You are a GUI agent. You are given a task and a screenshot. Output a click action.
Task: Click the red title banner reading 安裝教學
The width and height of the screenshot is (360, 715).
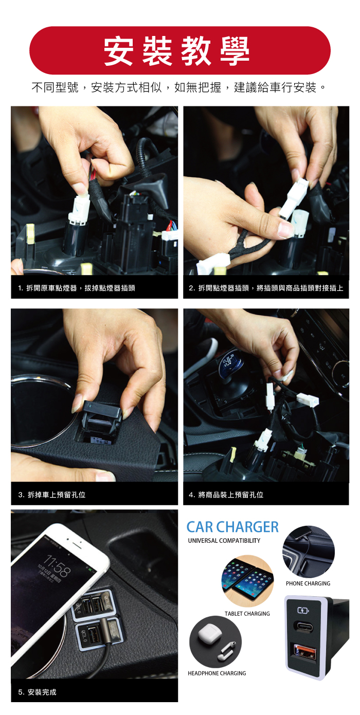click(x=180, y=50)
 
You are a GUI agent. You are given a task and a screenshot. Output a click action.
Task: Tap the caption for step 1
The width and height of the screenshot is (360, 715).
click(x=77, y=288)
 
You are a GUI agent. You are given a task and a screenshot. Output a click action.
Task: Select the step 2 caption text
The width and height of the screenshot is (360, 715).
click(x=266, y=288)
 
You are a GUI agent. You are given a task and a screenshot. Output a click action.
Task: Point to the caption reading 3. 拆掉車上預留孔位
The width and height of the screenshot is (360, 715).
click(x=52, y=494)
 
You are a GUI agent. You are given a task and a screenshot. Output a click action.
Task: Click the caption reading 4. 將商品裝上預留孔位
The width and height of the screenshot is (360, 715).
click(x=226, y=494)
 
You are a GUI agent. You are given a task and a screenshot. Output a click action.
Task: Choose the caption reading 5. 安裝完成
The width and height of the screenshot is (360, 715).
click(x=38, y=692)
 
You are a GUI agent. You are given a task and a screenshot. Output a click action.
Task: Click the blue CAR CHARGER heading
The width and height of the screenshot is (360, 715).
click(x=232, y=527)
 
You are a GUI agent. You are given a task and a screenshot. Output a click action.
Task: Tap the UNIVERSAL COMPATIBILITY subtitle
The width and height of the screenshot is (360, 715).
click(x=224, y=540)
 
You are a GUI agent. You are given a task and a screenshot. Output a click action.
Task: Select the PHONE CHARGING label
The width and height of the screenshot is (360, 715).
click(x=308, y=583)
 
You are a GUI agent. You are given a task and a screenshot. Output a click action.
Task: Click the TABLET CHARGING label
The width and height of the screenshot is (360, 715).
click(x=247, y=614)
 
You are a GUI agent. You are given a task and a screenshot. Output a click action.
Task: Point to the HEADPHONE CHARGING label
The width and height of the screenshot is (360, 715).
click(x=217, y=673)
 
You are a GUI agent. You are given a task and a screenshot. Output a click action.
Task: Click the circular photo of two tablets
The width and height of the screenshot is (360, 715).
click(x=247, y=581)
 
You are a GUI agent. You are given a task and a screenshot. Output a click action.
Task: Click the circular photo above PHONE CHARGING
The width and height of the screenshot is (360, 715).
click(x=309, y=552)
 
